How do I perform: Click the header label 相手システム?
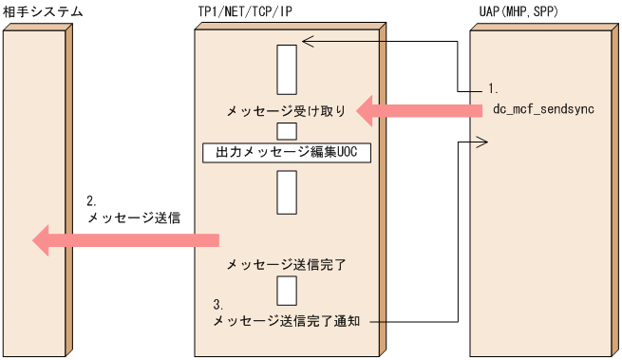[43, 11]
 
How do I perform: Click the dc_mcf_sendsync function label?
[542, 109]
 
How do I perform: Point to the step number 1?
[493, 88]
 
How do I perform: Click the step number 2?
[91, 201]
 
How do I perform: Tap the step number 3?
[218, 305]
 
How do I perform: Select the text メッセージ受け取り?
[286, 111]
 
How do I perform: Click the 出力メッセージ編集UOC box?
[286, 152]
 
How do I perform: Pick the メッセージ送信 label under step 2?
[134, 218]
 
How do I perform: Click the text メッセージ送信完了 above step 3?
[286, 264]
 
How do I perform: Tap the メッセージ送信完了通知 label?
[292, 322]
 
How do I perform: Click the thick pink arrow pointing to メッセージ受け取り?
[419, 112]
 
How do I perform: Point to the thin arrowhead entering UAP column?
[481, 142]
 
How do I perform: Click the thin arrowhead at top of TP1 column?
[305, 41]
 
